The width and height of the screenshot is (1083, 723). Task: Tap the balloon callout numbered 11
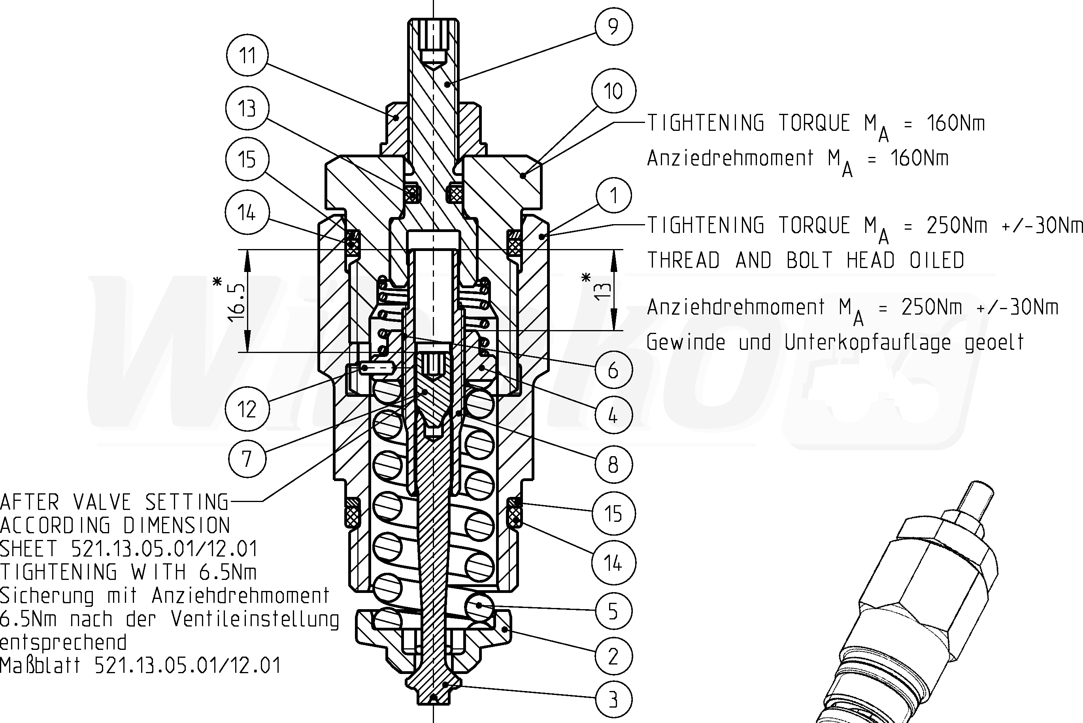(x=247, y=55)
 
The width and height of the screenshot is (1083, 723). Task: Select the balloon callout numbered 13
(x=247, y=108)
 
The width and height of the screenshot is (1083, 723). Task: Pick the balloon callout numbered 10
(x=613, y=91)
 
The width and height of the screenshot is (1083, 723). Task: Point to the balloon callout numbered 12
(x=247, y=408)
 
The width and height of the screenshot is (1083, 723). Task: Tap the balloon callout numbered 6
(x=613, y=370)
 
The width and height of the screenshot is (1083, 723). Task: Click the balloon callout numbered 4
(x=613, y=415)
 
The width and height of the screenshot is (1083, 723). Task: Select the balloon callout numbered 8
(x=613, y=464)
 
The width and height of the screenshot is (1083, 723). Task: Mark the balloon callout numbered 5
(x=613, y=612)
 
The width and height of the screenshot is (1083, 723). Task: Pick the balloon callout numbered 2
(x=613, y=656)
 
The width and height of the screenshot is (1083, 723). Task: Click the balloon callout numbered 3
(x=613, y=700)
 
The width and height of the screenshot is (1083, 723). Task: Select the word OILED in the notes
(x=936, y=261)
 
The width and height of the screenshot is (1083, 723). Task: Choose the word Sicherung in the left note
(x=47, y=596)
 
